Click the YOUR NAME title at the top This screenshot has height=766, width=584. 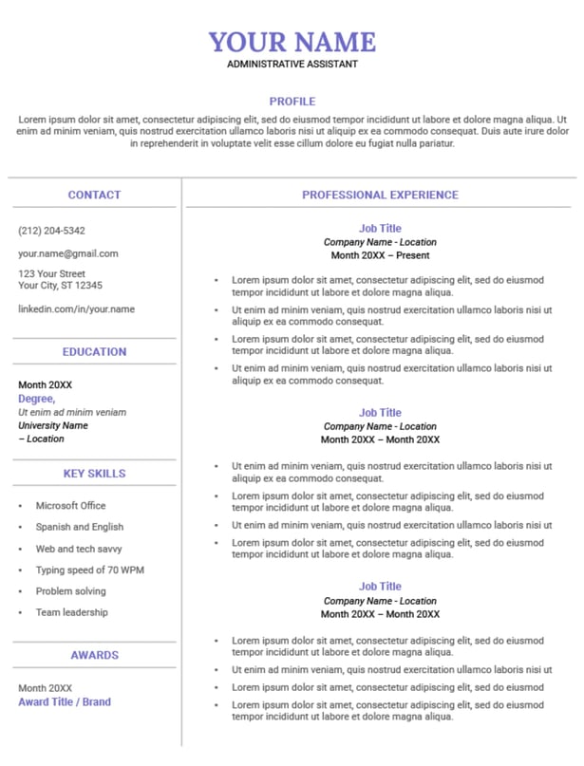[292, 42]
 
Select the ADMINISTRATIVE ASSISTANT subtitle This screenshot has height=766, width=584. [292, 65]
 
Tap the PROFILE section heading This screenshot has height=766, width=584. [292, 102]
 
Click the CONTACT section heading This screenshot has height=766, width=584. [94, 195]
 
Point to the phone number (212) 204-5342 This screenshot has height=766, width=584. [51, 231]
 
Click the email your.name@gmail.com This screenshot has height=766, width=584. [68, 253]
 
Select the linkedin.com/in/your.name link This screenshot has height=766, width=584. [76, 308]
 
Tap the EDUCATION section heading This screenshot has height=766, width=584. [94, 352]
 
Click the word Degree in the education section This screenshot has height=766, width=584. [36, 399]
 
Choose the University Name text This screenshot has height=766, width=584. [53, 425]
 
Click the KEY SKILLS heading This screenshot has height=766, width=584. [94, 474]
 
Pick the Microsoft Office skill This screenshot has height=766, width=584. [71, 506]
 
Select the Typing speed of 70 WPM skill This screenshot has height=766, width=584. [90, 570]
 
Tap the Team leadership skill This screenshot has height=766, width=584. [72, 612]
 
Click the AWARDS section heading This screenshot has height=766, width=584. [94, 655]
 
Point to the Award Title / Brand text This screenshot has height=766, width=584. [65, 702]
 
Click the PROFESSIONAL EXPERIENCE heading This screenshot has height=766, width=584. [380, 195]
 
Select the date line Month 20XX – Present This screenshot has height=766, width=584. [380, 255]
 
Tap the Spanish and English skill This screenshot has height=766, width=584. [80, 527]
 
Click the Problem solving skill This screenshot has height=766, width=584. [72, 591]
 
